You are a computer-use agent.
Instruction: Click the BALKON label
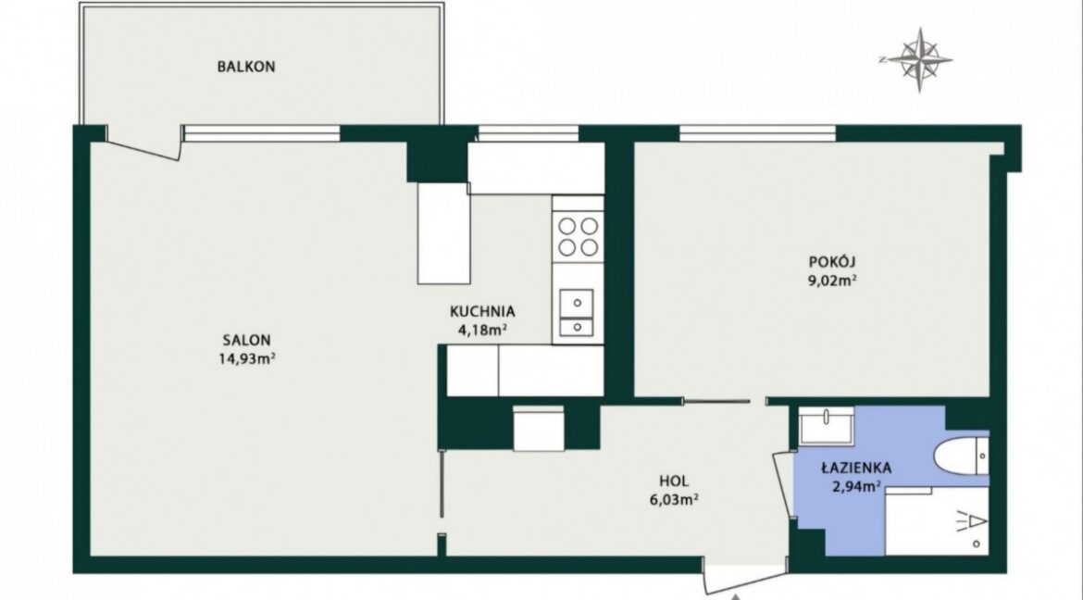pyautogui.click(x=246, y=67)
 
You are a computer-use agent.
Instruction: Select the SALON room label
pyautogui.click(x=246, y=340)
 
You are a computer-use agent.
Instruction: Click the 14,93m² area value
pyautogui.click(x=246, y=358)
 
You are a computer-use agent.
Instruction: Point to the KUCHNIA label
pyautogui.click(x=482, y=312)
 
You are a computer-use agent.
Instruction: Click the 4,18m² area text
pyautogui.click(x=483, y=330)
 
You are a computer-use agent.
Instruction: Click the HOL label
pyautogui.click(x=674, y=481)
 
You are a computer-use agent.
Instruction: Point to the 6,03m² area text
pyautogui.click(x=674, y=500)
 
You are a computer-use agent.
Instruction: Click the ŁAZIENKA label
pyautogui.click(x=856, y=468)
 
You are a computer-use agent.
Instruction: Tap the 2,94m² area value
pyautogui.click(x=857, y=486)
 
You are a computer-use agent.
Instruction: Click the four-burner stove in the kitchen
pyautogui.click(x=579, y=236)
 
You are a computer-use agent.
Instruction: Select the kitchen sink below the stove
pyautogui.click(x=577, y=313)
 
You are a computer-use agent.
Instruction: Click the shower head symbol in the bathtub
pyautogui.click(x=971, y=519)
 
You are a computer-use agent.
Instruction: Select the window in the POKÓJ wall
pyautogui.click(x=758, y=133)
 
